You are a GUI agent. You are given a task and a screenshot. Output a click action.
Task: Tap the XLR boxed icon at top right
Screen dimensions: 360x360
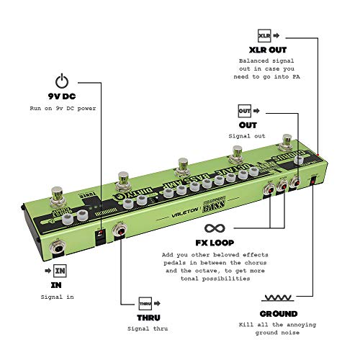pos(264,35)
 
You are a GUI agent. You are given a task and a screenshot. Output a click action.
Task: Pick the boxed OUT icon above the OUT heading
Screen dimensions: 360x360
pos(244,111)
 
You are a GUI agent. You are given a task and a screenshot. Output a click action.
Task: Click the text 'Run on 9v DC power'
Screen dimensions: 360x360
pos(62,109)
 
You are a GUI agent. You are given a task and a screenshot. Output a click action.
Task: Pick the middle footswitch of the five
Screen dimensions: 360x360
pos(179,165)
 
